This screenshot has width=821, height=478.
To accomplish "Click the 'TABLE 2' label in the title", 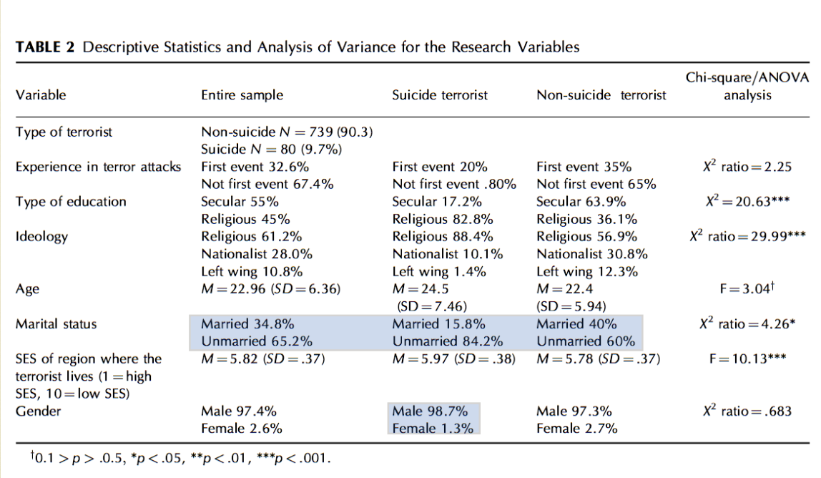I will tap(45, 48).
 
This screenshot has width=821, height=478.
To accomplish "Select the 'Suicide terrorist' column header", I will tap(440, 95).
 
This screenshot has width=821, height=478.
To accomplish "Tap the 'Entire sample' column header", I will tap(242, 95).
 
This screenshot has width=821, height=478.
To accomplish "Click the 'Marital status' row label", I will tap(56, 324).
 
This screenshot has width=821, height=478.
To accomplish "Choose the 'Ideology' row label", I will tap(41, 236).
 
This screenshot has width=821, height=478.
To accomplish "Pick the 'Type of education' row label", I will tap(71, 202).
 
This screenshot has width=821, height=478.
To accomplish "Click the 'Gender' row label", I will tap(38, 411).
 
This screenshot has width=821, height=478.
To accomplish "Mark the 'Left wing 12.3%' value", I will tap(587, 271).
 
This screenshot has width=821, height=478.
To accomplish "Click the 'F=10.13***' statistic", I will tap(747, 358).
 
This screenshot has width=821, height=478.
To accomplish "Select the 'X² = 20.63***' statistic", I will tap(747, 202).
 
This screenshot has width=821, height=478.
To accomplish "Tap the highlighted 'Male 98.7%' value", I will tap(430, 411).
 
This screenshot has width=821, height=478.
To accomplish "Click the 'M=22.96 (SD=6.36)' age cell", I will tap(270, 289).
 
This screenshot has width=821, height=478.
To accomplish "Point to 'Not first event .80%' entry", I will tap(454, 184).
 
